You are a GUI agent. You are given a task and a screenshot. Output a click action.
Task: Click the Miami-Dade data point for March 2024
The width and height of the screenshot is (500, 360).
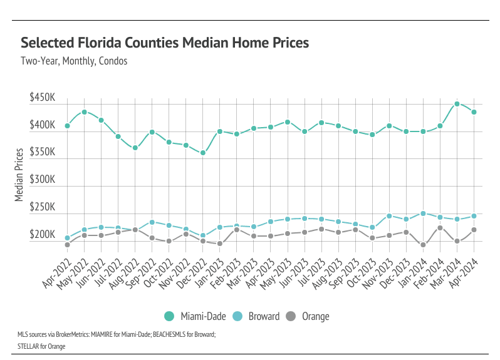[x=457, y=104]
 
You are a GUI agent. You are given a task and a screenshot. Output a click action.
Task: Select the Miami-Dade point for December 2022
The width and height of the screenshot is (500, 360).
[x=203, y=153]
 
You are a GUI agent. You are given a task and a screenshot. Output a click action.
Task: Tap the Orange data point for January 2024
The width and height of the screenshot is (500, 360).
[x=423, y=245]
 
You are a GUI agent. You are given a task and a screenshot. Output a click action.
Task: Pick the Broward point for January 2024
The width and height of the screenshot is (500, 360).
[x=423, y=213]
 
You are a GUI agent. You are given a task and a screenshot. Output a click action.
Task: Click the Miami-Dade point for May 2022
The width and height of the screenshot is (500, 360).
[x=84, y=112]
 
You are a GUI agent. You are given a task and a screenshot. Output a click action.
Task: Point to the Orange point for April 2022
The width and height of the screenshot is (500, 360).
[x=67, y=245]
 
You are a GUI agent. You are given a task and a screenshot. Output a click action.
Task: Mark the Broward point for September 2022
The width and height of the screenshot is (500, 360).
[x=152, y=222]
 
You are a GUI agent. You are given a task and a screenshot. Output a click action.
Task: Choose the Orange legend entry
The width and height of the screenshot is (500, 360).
[x=310, y=316]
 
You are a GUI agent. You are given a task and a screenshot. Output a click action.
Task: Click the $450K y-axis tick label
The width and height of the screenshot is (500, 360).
[x=43, y=98]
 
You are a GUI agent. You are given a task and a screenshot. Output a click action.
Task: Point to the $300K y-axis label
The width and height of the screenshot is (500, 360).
[x=43, y=180]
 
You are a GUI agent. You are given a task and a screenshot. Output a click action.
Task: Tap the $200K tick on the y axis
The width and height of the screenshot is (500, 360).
[x=43, y=235]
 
